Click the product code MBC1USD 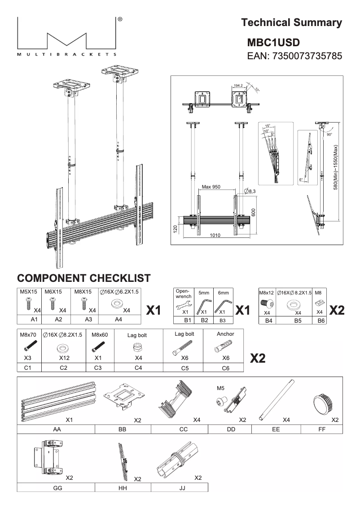[273, 43]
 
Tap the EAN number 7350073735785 [295, 57]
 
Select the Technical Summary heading [291, 22]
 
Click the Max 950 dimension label [211, 186]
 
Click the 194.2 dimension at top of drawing [238, 85]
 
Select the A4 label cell [119, 320]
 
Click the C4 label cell [138, 368]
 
